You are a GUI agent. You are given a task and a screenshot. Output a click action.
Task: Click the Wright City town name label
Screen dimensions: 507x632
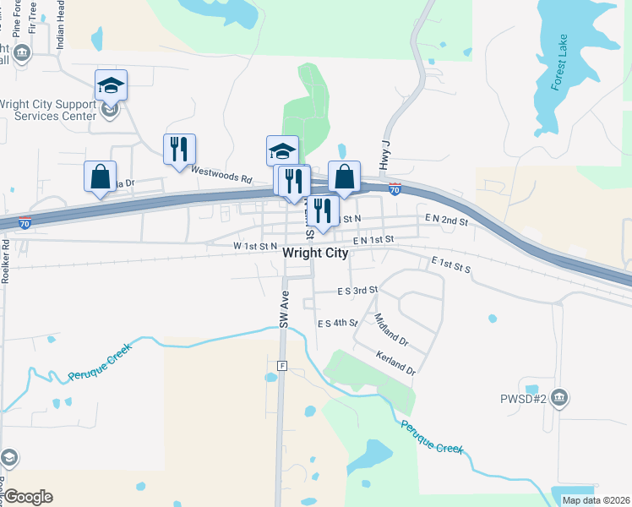point(315,253)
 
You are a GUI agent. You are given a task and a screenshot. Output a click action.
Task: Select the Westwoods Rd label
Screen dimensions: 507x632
point(221,175)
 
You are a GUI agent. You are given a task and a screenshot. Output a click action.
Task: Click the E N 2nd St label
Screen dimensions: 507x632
point(447,220)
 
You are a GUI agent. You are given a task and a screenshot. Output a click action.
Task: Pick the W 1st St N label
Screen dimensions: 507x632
point(243,246)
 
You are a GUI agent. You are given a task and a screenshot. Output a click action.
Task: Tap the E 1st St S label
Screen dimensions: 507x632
point(449,264)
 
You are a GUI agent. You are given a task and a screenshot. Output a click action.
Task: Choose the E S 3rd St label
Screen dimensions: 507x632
point(356,290)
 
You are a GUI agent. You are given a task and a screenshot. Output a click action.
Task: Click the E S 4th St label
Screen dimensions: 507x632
point(338,323)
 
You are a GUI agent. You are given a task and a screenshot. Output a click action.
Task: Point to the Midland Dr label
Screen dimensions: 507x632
point(391,331)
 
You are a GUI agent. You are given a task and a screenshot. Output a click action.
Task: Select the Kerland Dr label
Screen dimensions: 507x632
point(396,363)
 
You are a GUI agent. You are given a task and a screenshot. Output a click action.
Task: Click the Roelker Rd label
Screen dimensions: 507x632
point(5,263)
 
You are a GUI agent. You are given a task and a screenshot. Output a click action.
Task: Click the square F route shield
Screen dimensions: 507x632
point(282,366)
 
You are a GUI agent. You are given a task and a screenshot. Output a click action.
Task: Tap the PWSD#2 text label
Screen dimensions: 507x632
point(529,397)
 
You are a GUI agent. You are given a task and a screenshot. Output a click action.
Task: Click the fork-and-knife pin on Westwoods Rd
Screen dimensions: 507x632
point(179,150)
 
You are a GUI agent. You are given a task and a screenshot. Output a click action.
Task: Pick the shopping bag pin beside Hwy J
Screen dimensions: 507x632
point(344,177)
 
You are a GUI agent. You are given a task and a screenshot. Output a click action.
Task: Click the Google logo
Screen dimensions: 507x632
point(28,497)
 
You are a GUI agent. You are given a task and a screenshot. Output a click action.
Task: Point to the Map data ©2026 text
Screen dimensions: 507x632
point(595,500)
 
